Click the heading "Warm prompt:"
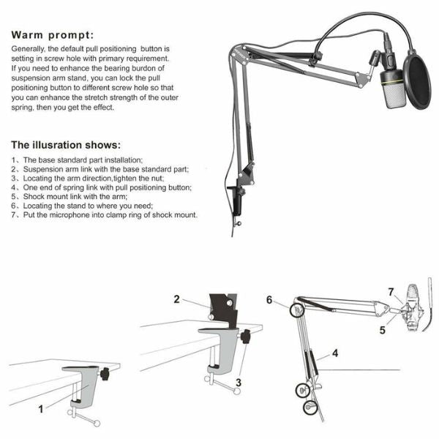click(52, 35)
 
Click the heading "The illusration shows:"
click(66, 145)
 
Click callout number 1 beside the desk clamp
click(41, 409)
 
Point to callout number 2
click(176, 299)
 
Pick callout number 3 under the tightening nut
click(239, 383)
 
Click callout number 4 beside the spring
click(335, 353)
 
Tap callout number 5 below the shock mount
click(383, 330)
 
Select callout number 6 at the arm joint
click(269, 300)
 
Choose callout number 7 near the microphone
click(391, 292)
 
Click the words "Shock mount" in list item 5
click(45, 197)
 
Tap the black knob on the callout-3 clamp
click(246, 337)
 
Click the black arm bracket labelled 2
click(224, 309)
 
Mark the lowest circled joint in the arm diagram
click(310, 408)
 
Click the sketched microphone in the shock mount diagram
click(411, 307)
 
